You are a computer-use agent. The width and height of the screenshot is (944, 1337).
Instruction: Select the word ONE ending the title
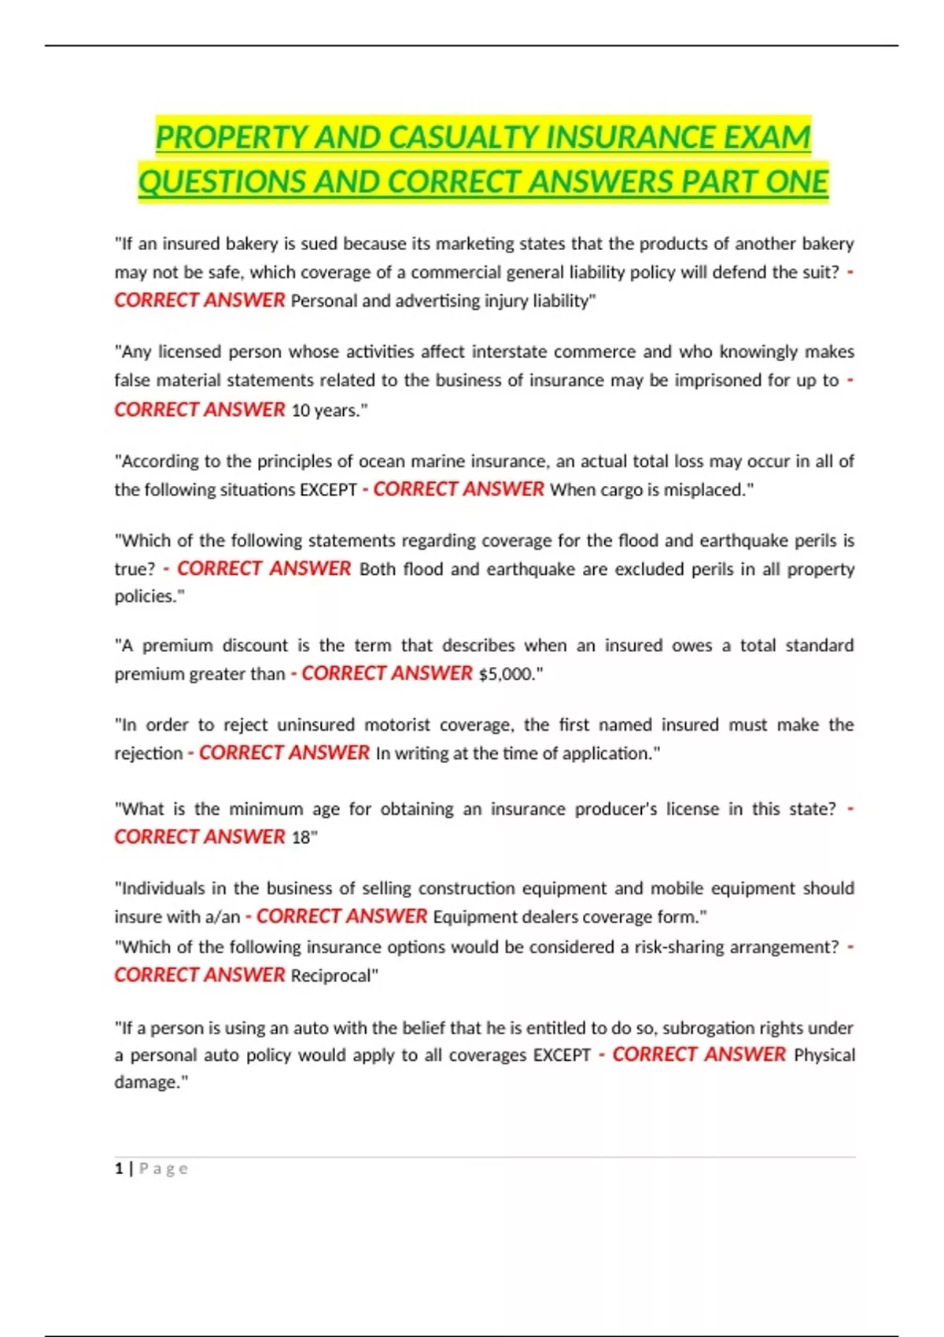pos(796,182)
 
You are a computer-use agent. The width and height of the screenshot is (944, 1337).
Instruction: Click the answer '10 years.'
pos(328,411)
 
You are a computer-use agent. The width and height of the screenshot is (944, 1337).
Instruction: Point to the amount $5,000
pos(508,674)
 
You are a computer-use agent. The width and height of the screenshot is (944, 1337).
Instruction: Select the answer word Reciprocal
pos(333,976)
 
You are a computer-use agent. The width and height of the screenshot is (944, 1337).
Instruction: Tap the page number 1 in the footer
pos(119,1169)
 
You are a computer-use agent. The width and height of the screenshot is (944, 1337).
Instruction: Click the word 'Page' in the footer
pos(164,1169)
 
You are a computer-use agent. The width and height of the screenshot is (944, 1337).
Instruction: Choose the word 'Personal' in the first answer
pos(323,301)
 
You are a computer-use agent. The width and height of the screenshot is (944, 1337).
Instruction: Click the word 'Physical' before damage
pos(824,1055)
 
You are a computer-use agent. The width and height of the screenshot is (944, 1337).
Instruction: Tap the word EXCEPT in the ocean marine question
pos(328,490)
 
